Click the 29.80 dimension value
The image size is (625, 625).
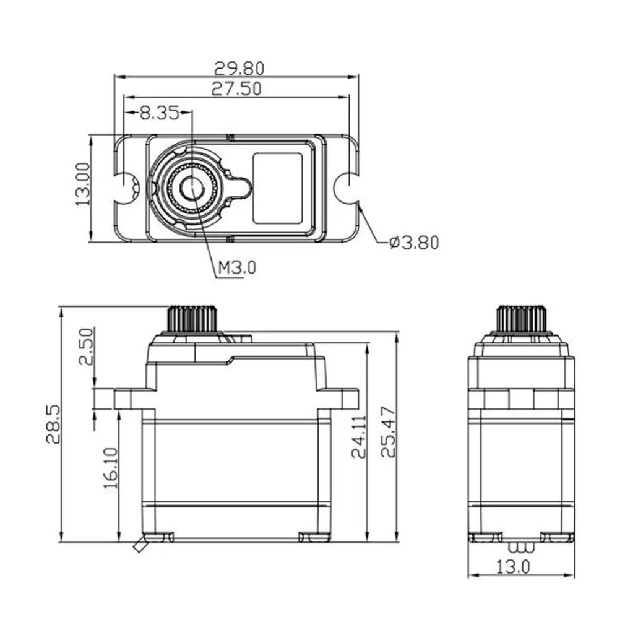click(239, 69)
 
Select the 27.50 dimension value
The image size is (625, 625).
click(236, 89)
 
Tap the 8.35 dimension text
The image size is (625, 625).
click(160, 113)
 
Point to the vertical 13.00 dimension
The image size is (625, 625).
click(83, 184)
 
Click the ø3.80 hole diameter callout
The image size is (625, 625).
click(414, 243)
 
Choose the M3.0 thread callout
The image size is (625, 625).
click(237, 267)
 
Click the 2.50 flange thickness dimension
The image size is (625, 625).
click(87, 347)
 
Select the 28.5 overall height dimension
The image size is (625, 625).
click(53, 425)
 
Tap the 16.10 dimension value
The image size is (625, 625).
click(111, 468)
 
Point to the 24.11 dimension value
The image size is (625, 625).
click(359, 437)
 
